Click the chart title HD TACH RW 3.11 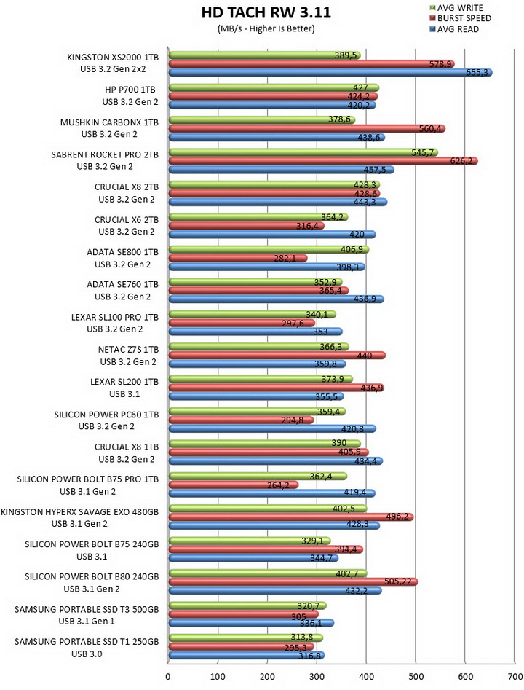click(x=266, y=12)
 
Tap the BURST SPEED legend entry click(x=460, y=18)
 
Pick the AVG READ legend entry click(x=454, y=29)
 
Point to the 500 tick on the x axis click(x=416, y=676)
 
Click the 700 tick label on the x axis click(x=515, y=676)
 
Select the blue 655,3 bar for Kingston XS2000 click(x=330, y=73)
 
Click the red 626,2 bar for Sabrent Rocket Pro click(x=323, y=161)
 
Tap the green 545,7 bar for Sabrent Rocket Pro click(x=303, y=152)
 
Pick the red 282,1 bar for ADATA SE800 click(x=238, y=258)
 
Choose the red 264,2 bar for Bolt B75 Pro click(x=234, y=485)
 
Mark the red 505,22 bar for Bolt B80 click(x=293, y=581)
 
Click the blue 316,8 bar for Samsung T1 click(x=247, y=655)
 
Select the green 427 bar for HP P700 click(x=274, y=87)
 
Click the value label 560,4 click(x=430, y=128)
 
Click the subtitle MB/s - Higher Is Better click(x=266, y=29)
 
